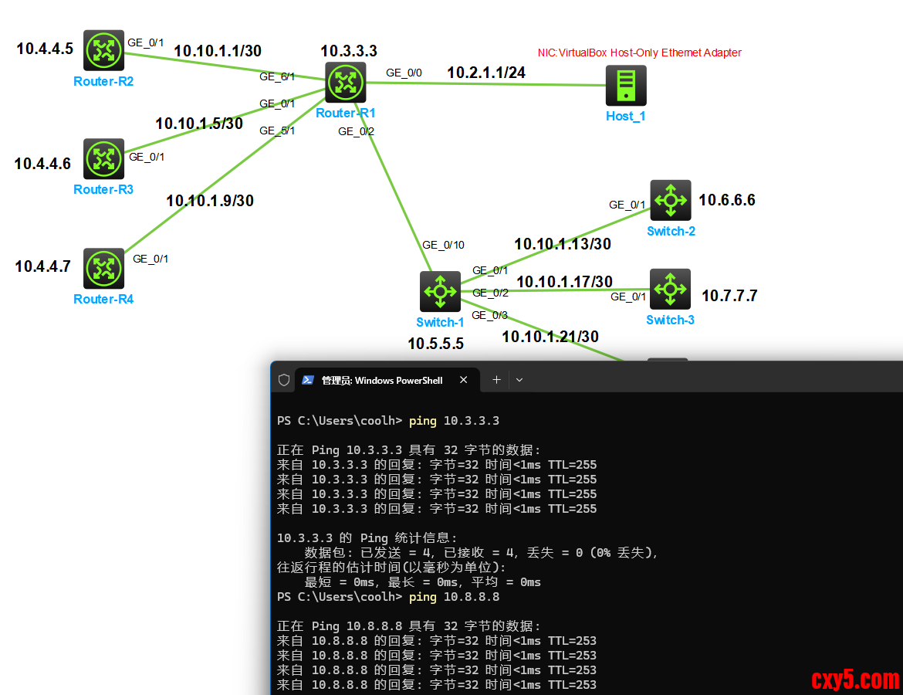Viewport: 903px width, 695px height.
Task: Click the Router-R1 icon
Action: [x=345, y=83]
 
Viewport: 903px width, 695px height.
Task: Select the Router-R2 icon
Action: [x=103, y=50]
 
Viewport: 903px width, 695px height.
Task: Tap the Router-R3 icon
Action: [x=103, y=159]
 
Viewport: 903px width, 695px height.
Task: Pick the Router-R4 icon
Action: [x=103, y=269]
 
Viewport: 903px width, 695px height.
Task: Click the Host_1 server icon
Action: [x=625, y=85]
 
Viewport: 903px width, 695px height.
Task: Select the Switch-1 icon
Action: [x=440, y=291]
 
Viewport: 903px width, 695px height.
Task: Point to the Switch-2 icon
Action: [x=670, y=200]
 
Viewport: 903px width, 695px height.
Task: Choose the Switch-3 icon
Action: [x=670, y=289]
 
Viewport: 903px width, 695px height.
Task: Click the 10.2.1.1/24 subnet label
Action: [x=486, y=73]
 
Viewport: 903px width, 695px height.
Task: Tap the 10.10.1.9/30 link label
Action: [x=210, y=201]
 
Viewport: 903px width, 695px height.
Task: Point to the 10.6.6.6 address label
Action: [x=727, y=200]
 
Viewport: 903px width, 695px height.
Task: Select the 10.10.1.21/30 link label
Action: [x=550, y=337]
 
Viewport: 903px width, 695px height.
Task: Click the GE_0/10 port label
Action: [x=443, y=245]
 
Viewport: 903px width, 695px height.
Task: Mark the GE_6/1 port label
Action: [x=277, y=76]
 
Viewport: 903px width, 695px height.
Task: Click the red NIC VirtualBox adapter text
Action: [x=639, y=53]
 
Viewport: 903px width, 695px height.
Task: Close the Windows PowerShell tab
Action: [x=463, y=380]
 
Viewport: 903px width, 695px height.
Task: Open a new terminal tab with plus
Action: [x=496, y=380]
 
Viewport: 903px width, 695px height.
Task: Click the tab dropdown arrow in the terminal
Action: [x=519, y=380]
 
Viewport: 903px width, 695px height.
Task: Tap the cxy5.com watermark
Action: [x=855, y=680]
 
